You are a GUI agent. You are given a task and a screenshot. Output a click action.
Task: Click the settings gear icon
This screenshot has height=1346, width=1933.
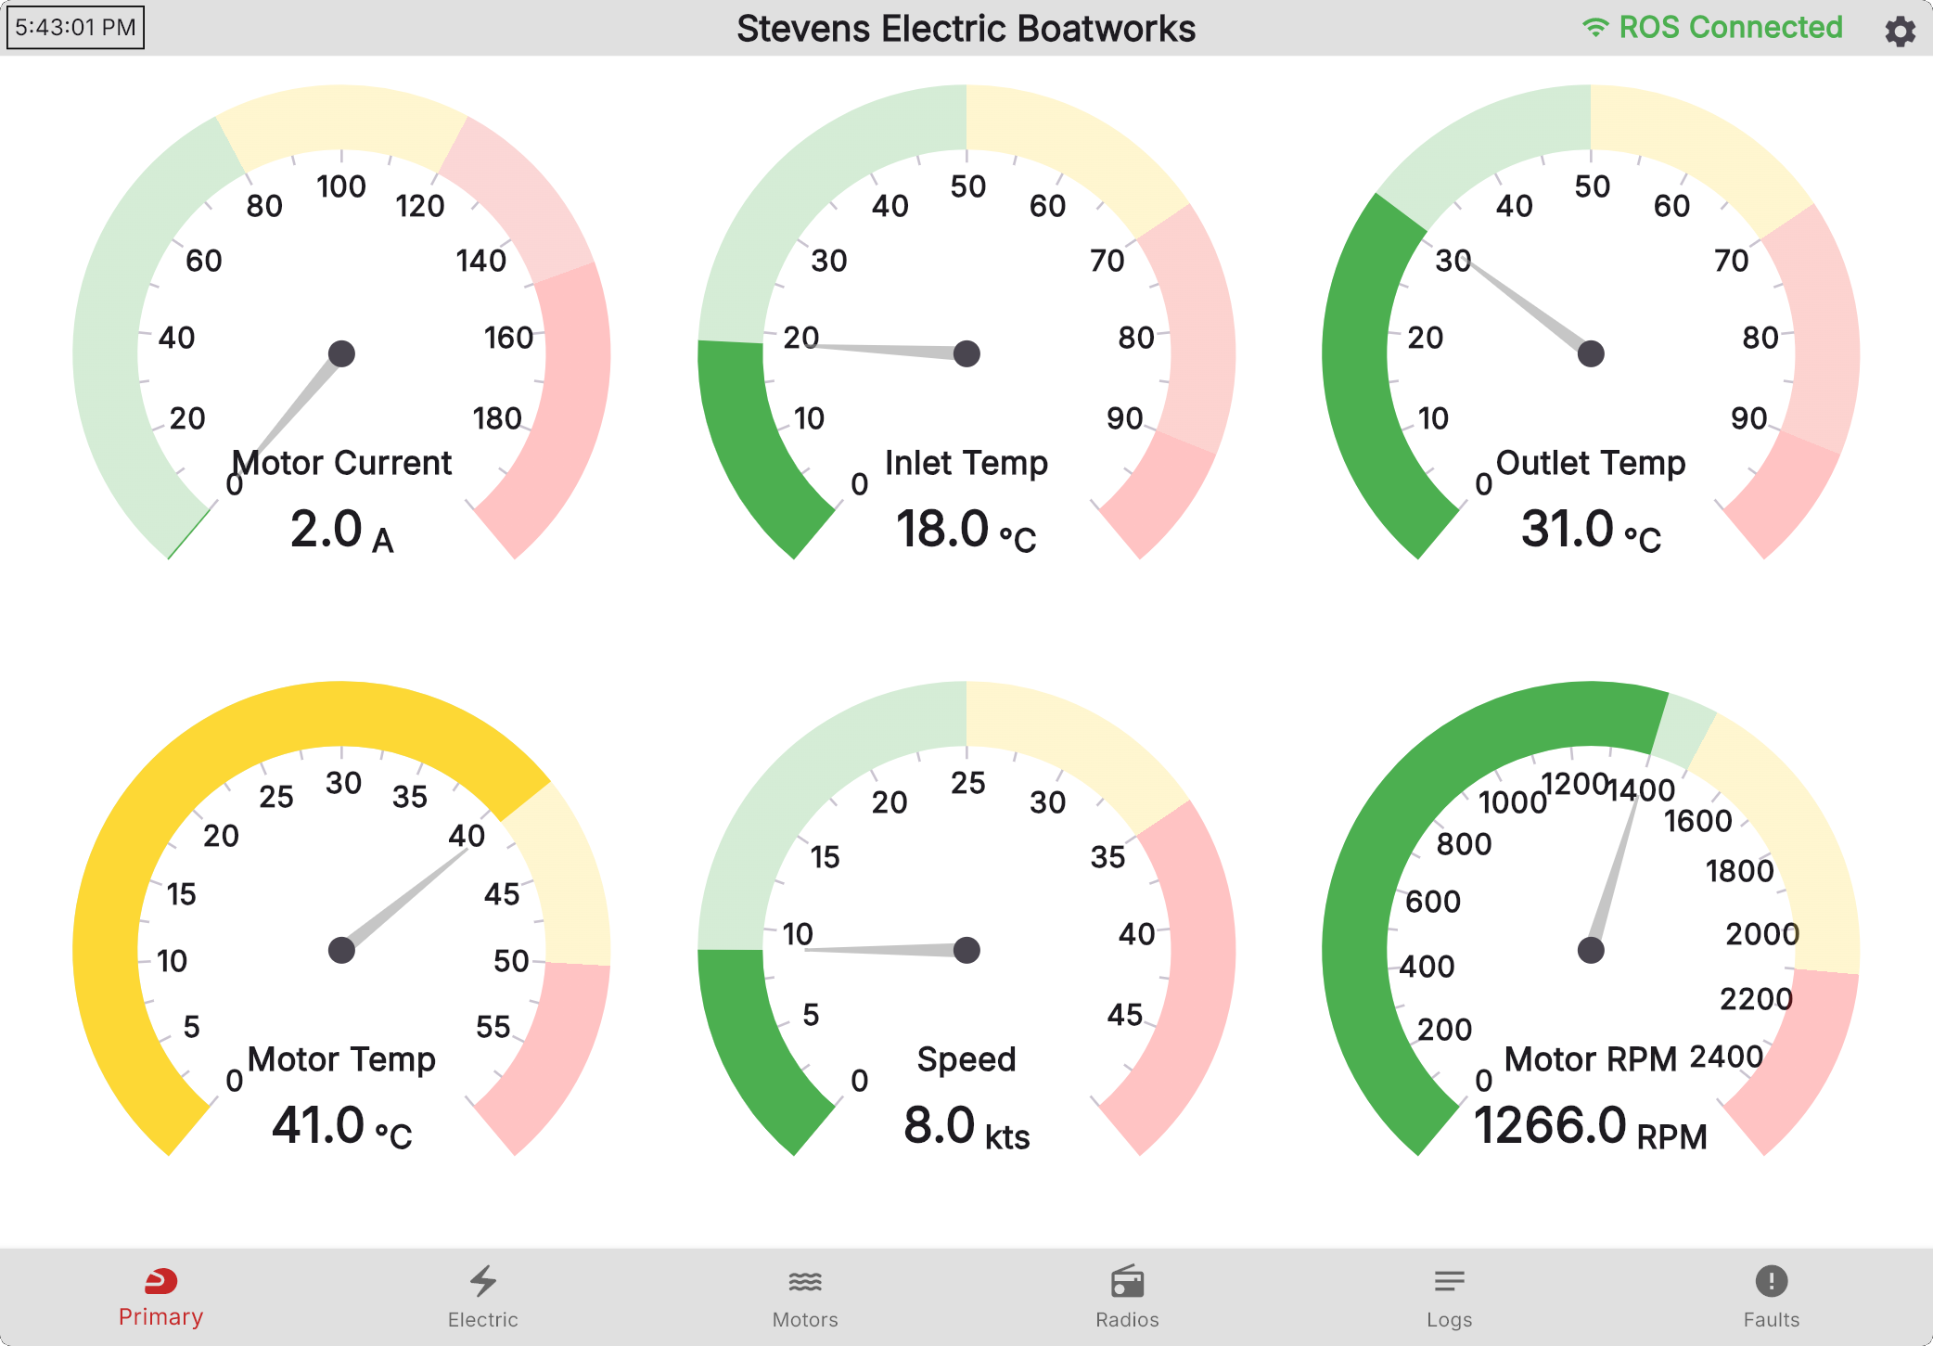coord(1900,31)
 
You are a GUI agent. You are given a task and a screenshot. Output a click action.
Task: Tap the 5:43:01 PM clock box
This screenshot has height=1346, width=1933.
coord(75,27)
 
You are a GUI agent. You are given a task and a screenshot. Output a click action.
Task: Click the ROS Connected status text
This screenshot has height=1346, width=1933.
coord(1730,28)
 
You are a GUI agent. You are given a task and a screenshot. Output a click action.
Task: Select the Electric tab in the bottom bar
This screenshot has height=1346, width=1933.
coord(482,1297)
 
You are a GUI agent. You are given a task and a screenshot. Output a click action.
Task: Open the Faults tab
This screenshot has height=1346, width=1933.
coord(1771,1297)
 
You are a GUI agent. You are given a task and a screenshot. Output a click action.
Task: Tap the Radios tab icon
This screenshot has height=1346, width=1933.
coord(1127,1282)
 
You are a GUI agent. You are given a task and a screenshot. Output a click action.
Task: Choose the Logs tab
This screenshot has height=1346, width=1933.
coord(1449,1297)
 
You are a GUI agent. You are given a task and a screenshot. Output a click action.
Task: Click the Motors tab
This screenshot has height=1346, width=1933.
coord(805,1297)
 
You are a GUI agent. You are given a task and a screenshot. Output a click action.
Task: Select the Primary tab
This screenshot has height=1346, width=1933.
coord(160,1296)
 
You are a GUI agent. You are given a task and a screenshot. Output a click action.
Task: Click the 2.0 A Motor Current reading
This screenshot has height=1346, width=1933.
coord(342,530)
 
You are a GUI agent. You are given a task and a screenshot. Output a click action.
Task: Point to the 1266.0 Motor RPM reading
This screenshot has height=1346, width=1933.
coord(1590,1126)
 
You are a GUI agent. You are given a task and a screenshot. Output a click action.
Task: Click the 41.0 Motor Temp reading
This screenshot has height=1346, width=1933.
coord(342,1126)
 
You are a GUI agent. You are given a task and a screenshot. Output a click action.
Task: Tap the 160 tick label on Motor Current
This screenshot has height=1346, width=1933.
coord(508,338)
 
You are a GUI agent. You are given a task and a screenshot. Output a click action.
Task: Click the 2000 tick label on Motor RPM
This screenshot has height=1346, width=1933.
coord(1762,934)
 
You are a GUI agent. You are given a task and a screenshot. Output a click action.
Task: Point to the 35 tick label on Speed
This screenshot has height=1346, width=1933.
coord(1107,857)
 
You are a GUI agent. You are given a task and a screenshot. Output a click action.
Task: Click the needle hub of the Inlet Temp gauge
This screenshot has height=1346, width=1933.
coord(966,353)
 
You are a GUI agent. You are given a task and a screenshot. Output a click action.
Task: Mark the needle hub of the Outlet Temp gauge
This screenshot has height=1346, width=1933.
coord(1591,353)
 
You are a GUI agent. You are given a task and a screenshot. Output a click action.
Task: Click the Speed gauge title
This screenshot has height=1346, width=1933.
coord(966,1059)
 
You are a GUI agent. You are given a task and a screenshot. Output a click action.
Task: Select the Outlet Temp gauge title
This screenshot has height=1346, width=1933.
coord(1591,463)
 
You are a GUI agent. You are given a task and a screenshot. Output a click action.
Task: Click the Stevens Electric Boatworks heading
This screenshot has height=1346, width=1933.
coord(966,29)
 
